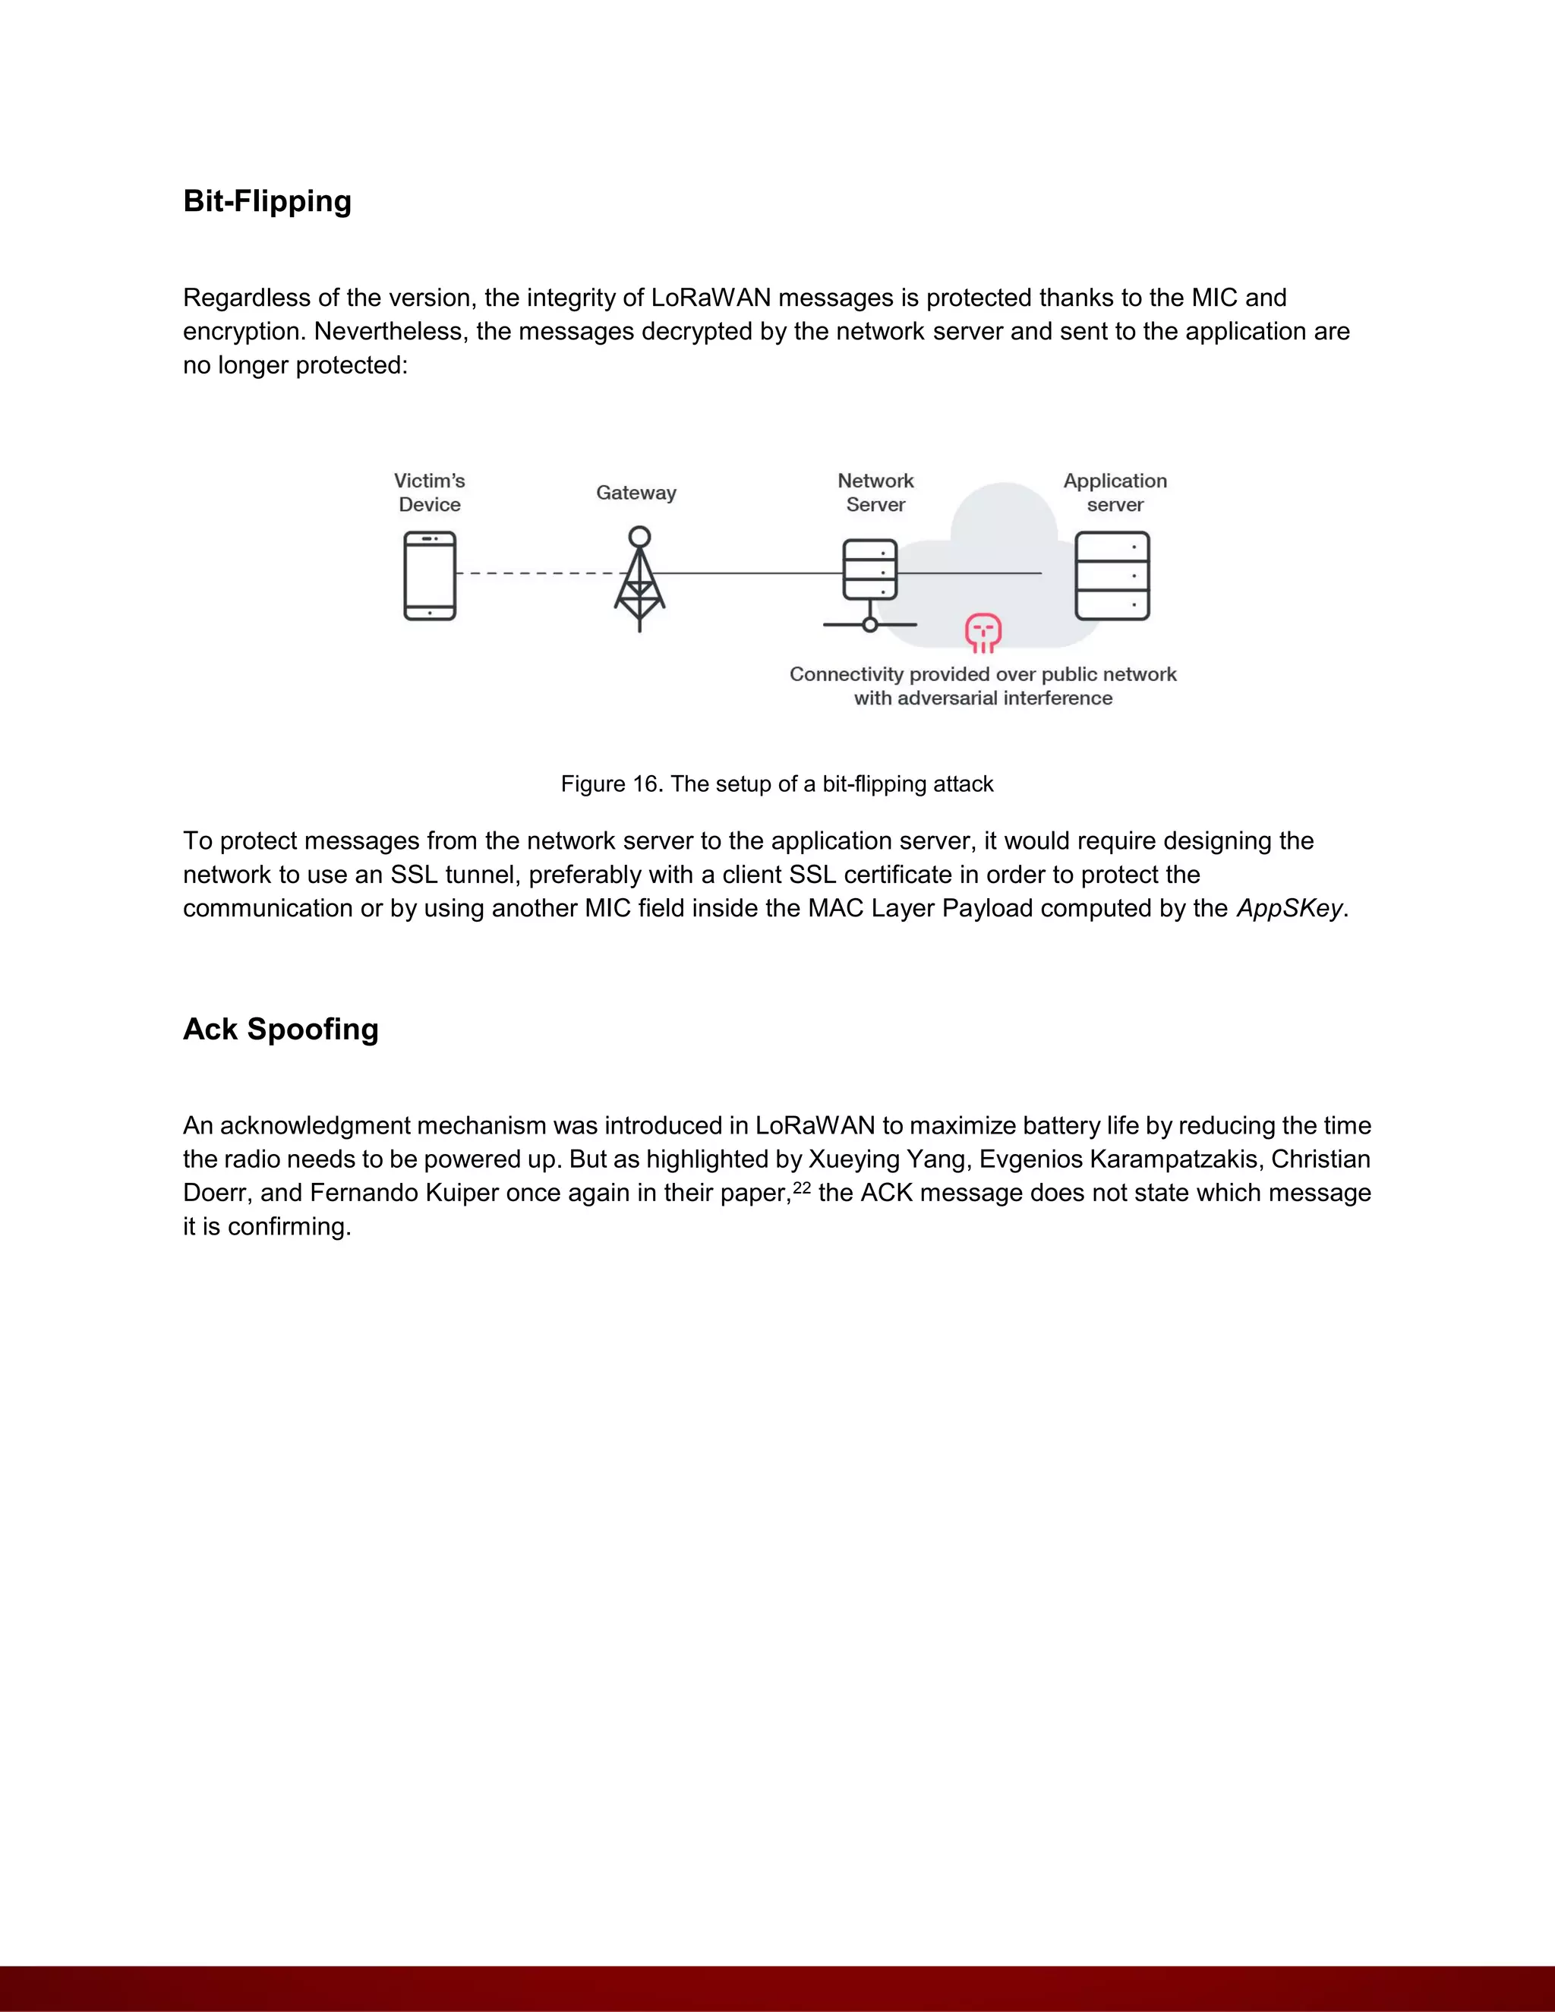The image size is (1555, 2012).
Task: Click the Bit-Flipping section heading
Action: (267, 201)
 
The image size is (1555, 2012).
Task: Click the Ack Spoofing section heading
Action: (280, 1029)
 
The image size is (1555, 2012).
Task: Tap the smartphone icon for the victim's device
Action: (429, 576)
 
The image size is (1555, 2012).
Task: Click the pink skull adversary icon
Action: (983, 632)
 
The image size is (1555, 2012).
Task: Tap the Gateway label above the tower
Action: (636, 493)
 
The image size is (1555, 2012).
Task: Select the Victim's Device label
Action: (429, 493)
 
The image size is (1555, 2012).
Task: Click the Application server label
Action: (1115, 493)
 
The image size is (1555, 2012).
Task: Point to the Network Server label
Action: (875, 493)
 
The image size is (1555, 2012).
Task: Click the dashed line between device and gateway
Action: (535, 573)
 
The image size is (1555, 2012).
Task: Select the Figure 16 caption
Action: (777, 784)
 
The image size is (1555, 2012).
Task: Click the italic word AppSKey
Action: (1288, 908)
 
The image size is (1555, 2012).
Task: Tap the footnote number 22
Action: (802, 1188)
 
